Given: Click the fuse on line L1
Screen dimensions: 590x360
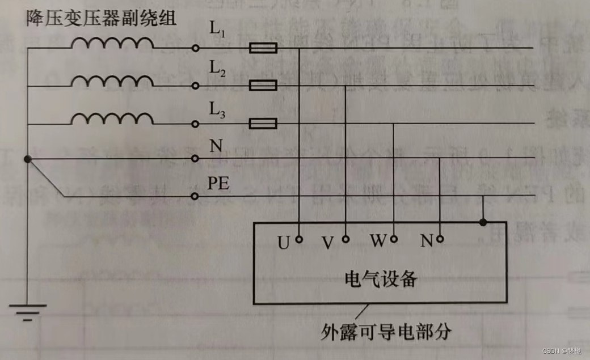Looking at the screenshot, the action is (263, 49).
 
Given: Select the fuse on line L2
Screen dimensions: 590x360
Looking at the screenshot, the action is (263, 86).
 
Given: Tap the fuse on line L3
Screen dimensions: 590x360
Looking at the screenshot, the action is (263, 124).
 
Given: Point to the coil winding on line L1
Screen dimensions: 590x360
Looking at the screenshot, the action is (112, 44).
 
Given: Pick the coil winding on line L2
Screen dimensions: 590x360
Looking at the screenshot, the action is (112, 81).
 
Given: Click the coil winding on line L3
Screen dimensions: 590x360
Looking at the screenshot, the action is (112, 118).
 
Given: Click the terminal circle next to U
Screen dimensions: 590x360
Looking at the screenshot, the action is (299, 239).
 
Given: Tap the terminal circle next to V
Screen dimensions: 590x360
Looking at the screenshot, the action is (345, 239).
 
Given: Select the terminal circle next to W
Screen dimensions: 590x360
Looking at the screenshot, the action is (393, 239).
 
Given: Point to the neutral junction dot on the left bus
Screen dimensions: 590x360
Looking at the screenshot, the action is (28, 159).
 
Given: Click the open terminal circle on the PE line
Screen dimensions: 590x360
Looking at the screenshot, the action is (195, 196).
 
